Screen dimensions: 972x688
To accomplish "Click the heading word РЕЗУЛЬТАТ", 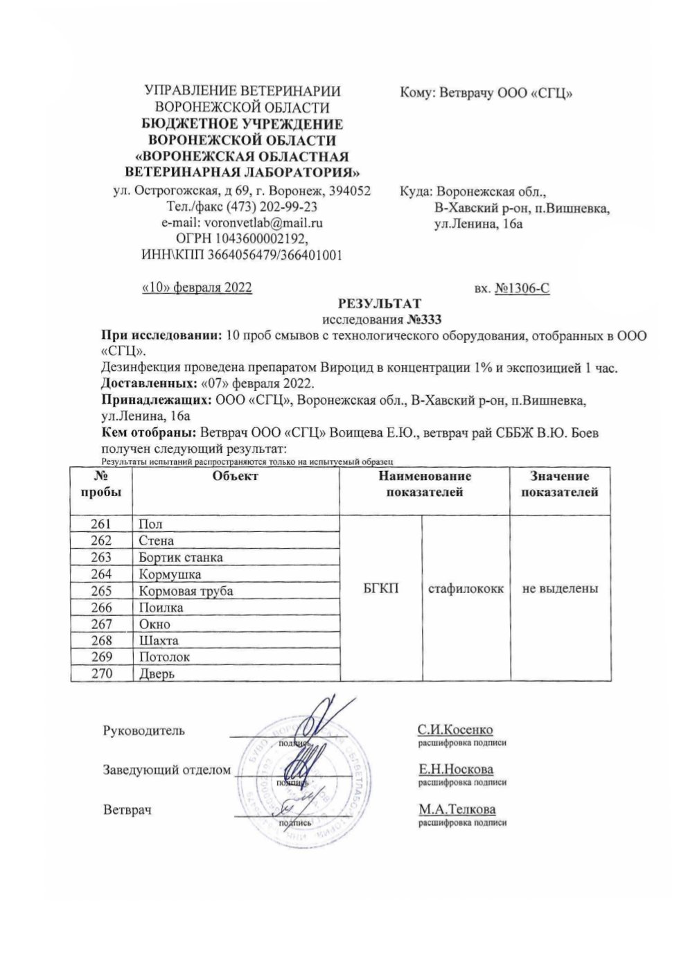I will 378,303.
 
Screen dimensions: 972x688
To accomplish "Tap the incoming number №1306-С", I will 522,288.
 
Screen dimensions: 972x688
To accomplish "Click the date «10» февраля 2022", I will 196,288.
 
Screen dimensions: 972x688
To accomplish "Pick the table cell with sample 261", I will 101,524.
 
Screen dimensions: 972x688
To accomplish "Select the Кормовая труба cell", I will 186,591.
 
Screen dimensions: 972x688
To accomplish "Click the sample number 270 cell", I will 101,673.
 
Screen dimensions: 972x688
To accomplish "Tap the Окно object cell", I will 155,624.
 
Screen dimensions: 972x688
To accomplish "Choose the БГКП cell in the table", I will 380,589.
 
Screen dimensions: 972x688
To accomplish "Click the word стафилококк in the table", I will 466,589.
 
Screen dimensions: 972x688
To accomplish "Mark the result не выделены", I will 560,589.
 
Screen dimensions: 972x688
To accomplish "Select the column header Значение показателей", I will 560,484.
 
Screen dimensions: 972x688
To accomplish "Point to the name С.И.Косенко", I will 455,730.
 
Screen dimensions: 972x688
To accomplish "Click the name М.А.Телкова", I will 457,809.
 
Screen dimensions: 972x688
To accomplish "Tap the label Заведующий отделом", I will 166,770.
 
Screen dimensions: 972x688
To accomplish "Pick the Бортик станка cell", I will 181,558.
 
